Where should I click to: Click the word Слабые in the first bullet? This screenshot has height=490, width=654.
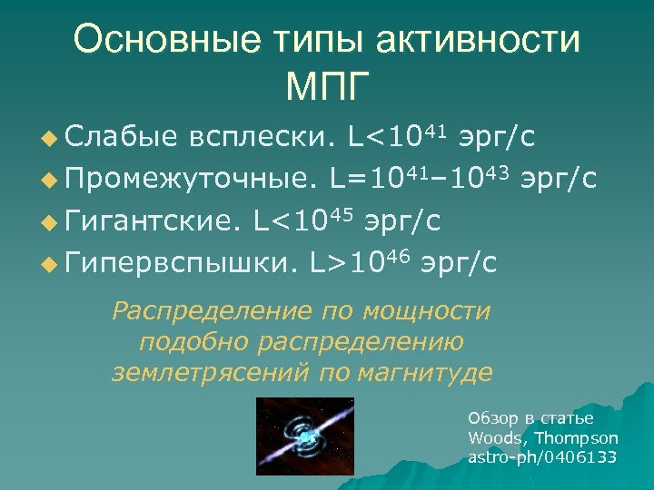pos(120,137)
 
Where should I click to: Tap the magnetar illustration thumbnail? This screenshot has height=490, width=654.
pos(306,437)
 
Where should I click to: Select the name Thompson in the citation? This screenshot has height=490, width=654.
pos(577,437)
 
